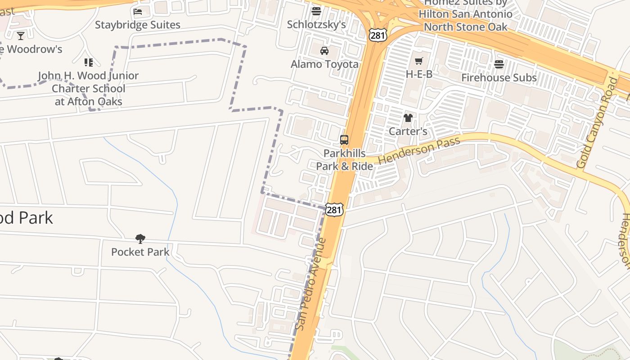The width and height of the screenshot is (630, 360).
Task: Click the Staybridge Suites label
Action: pyautogui.click(x=137, y=25)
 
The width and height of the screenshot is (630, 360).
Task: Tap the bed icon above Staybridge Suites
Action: pyautogui.click(x=138, y=11)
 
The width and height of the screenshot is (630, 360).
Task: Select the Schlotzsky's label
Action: pyautogui.click(x=316, y=24)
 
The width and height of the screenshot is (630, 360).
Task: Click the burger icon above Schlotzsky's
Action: pyautogui.click(x=316, y=11)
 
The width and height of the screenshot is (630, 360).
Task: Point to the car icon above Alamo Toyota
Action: pyautogui.click(x=324, y=50)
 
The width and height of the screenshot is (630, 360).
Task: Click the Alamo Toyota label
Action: pyautogui.click(x=324, y=64)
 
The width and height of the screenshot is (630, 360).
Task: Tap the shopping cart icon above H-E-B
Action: pyautogui.click(x=419, y=61)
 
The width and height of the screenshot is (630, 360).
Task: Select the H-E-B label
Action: pyautogui.click(x=419, y=74)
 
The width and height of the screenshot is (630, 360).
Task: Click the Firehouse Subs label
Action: pyautogui.click(x=499, y=77)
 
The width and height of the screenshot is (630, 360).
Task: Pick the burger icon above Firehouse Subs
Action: pyautogui.click(x=499, y=64)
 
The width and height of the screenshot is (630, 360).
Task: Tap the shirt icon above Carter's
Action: pyautogui.click(x=408, y=118)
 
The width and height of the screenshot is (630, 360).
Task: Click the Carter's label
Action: pyautogui.click(x=408, y=131)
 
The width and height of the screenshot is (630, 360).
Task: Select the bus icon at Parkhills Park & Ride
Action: pyautogui.click(x=344, y=140)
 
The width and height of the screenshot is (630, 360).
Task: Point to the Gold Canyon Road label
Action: pyautogui.click(x=597, y=123)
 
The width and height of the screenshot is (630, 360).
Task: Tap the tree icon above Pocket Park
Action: pyautogui.click(x=140, y=238)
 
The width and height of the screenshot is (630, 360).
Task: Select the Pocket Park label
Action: pyautogui.click(x=140, y=252)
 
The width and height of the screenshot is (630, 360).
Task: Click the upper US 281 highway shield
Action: pyautogui.click(x=377, y=34)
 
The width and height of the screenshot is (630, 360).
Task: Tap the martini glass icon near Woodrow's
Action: pyautogui.click(x=21, y=36)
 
